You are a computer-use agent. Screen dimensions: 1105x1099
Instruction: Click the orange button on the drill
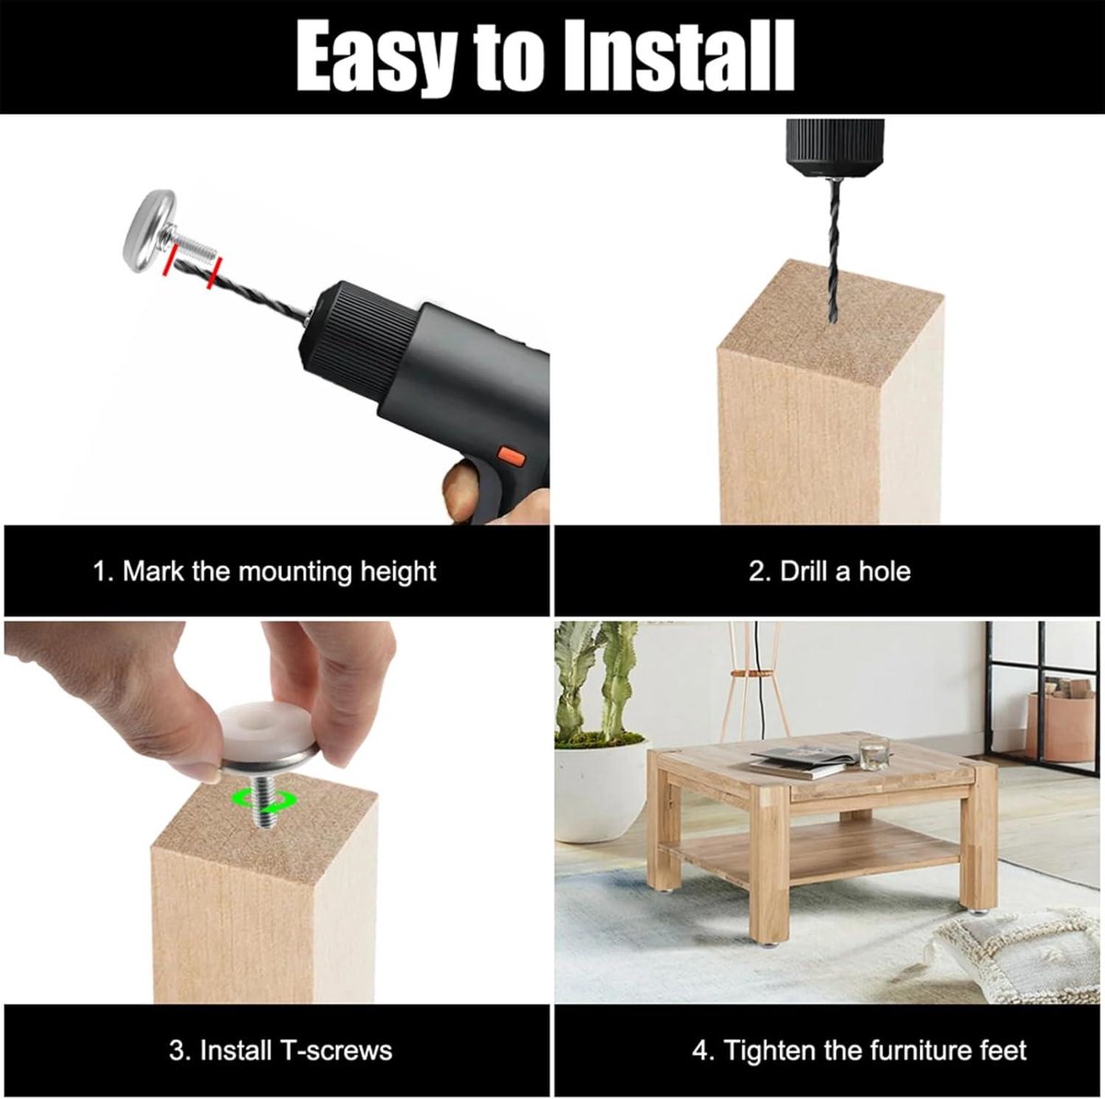(x=511, y=457)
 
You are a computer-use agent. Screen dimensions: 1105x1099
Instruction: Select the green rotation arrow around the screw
(x=263, y=800)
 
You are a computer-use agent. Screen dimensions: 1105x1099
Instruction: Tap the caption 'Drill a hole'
(x=829, y=572)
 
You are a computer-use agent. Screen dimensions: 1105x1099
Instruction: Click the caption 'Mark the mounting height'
(x=264, y=572)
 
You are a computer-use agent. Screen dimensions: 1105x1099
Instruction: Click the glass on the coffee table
(x=873, y=753)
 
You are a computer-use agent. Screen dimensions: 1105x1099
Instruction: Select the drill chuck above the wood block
(x=835, y=148)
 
